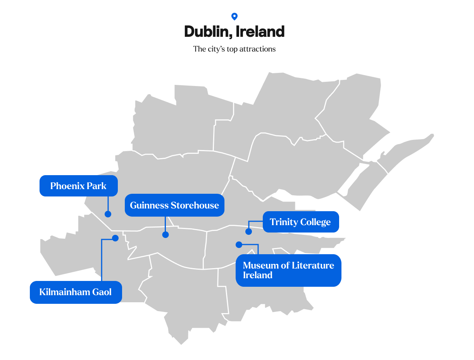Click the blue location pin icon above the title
[x=234, y=16]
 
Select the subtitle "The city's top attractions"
[x=234, y=49]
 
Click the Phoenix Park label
[x=78, y=186]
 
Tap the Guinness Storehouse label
[x=174, y=205]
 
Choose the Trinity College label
[x=300, y=222]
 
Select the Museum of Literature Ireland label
[x=288, y=270]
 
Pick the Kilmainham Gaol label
[x=76, y=292]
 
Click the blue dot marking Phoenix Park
[x=108, y=214]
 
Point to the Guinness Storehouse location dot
[x=165, y=234]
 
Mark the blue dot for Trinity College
[x=248, y=232]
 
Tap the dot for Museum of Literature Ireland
[x=239, y=245]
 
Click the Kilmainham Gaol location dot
[x=115, y=238]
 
